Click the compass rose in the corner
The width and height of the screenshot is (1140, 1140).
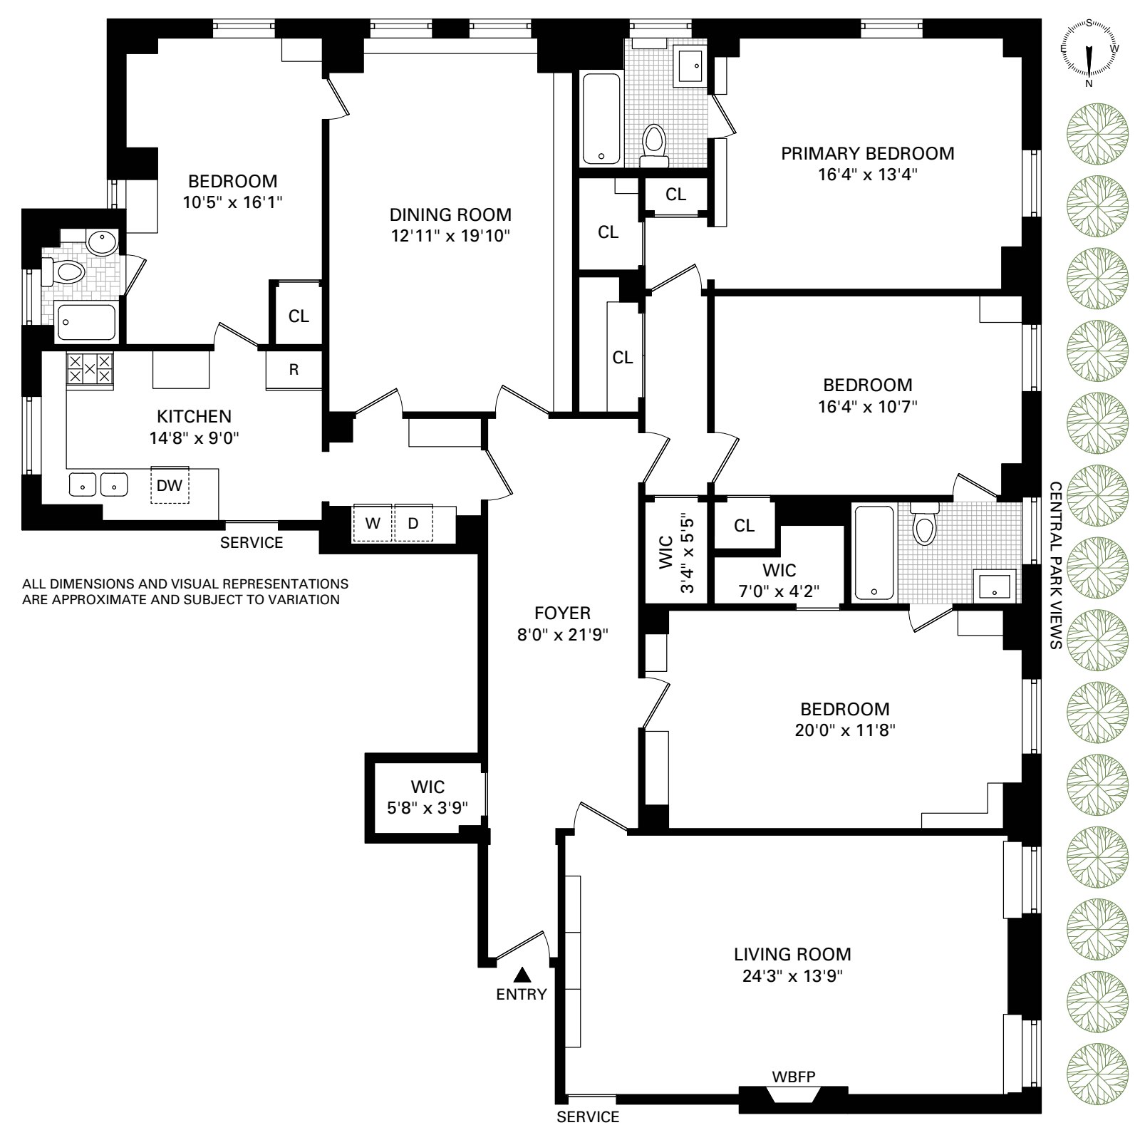coord(1089,54)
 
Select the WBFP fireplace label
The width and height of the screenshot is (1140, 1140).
coord(794,1076)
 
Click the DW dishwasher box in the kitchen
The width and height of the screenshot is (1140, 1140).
coord(170,486)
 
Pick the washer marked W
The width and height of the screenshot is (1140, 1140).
coord(373,523)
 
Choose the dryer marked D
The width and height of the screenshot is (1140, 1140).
coord(413,523)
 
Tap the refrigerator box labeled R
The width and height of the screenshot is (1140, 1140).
coord(294,370)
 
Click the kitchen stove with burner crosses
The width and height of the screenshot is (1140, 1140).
coord(90,369)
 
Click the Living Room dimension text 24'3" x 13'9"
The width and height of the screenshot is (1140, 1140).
coord(792,975)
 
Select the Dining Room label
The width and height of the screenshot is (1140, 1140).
coord(450,214)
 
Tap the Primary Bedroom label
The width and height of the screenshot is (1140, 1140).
coord(867,153)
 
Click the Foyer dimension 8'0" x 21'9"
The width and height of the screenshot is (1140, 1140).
coord(563,634)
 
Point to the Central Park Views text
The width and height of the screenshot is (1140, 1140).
coord(1055,565)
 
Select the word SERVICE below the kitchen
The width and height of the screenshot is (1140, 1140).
coord(252,543)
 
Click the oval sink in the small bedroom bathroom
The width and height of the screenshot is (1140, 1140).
coord(103,244)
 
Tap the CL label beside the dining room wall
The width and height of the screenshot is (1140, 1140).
coord(299,316)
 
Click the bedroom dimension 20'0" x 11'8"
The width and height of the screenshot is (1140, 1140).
coord(845,730)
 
